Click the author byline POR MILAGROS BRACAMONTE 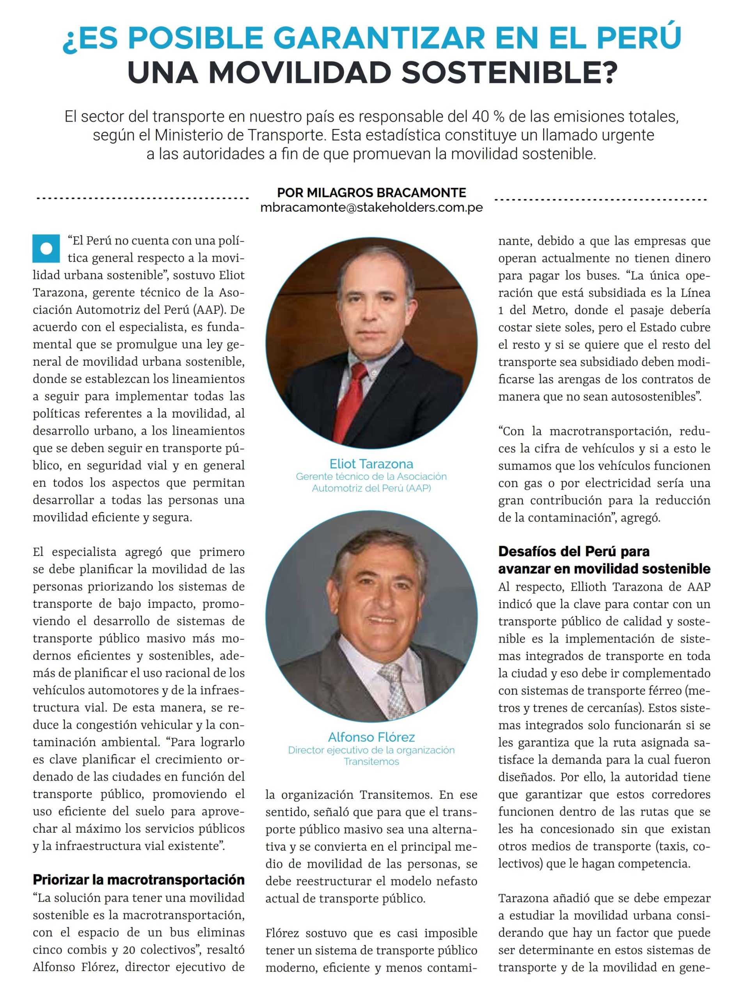[371, 193]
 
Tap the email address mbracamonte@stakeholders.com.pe [371, 207]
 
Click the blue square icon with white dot [46, 249]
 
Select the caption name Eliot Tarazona [371, 464]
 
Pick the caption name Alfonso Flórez [371, 737]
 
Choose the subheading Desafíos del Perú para [574, 551]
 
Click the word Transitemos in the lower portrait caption [371, 762]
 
